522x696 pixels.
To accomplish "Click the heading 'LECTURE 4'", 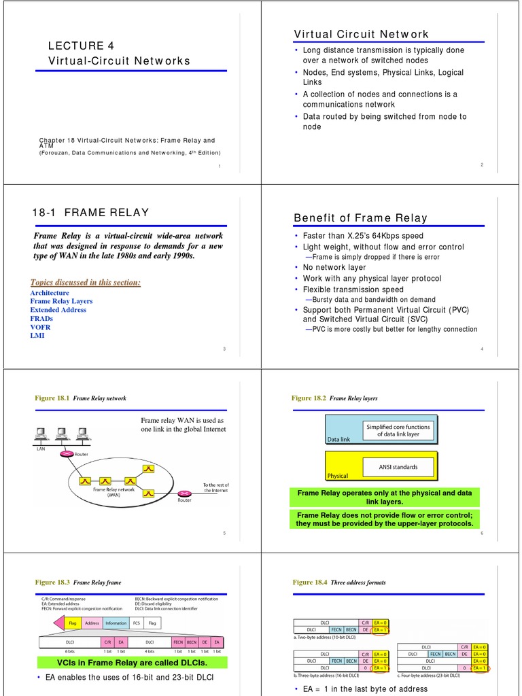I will (x=81, y=46).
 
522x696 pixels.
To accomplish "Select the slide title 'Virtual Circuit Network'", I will (x=361, y=34).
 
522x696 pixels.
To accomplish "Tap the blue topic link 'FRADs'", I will (x=41, y=318).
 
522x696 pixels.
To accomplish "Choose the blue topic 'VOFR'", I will (x=41, y=327).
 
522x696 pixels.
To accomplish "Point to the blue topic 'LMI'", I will (x=37, y=336).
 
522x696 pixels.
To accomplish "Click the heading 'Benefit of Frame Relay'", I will (x=360, y=217).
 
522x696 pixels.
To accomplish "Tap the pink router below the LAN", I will (x=66, y=454).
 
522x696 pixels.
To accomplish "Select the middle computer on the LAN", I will (x=62, y=432).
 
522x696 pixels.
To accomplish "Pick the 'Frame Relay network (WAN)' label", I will (x=114, y=492).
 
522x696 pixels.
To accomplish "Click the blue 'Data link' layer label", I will (x=339, y=440).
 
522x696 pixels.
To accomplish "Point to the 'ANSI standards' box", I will (x=398, y=467).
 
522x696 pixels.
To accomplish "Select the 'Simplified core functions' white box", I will (x=398, y=430).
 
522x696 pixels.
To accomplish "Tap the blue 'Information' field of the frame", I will (x=116, y=623).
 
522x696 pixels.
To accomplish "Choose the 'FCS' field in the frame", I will (x=137, y=623).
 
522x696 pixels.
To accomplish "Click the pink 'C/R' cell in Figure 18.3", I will (x=107, y=642).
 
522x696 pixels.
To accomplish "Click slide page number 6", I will (x=481, y=533).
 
